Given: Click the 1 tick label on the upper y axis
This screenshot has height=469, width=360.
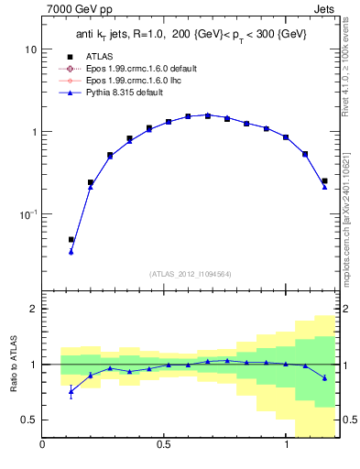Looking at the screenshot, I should [33, 132].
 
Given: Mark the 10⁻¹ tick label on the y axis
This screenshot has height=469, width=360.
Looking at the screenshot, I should [28, 214].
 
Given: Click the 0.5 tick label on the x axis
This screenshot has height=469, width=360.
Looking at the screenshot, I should [164, 445].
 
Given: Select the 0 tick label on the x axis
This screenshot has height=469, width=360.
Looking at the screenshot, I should [43, 445].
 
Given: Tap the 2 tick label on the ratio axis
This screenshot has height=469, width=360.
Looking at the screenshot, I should [33, 309].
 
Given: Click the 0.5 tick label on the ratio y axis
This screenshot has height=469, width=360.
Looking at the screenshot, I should [28, 420].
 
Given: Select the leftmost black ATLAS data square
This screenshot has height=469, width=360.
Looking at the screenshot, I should [71, 240].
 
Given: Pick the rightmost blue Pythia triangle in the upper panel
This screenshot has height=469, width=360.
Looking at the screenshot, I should [324, 187].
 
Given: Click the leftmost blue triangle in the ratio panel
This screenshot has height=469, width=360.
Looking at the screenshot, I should [71, 392].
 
